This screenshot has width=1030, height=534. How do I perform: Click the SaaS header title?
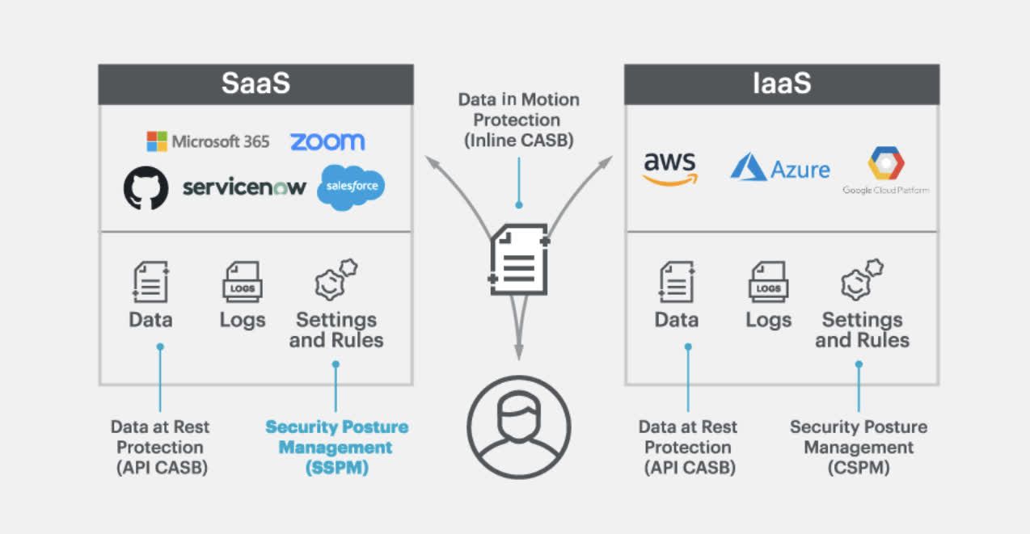255,84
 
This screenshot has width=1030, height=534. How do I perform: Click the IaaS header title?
781,84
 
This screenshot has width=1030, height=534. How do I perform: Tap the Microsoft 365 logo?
208,141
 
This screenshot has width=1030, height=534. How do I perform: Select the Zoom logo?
327,141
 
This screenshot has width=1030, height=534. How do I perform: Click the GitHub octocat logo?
146,187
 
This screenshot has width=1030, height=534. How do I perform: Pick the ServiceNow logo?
244,187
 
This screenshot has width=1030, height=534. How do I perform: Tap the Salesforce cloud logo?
352,187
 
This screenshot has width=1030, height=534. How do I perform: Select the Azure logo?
779,169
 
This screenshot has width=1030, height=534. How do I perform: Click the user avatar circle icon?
518,426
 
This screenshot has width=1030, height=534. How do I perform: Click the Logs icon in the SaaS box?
242,282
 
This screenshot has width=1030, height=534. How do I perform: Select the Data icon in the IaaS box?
676,282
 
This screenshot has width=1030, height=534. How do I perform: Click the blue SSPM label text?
336,447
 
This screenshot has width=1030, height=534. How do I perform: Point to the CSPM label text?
859,447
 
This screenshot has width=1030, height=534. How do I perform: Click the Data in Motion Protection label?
518,120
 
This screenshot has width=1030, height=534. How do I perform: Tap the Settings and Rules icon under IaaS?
862,280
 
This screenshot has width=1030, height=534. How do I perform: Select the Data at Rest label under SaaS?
162,447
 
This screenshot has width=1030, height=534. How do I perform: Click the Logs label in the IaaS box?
768,320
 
